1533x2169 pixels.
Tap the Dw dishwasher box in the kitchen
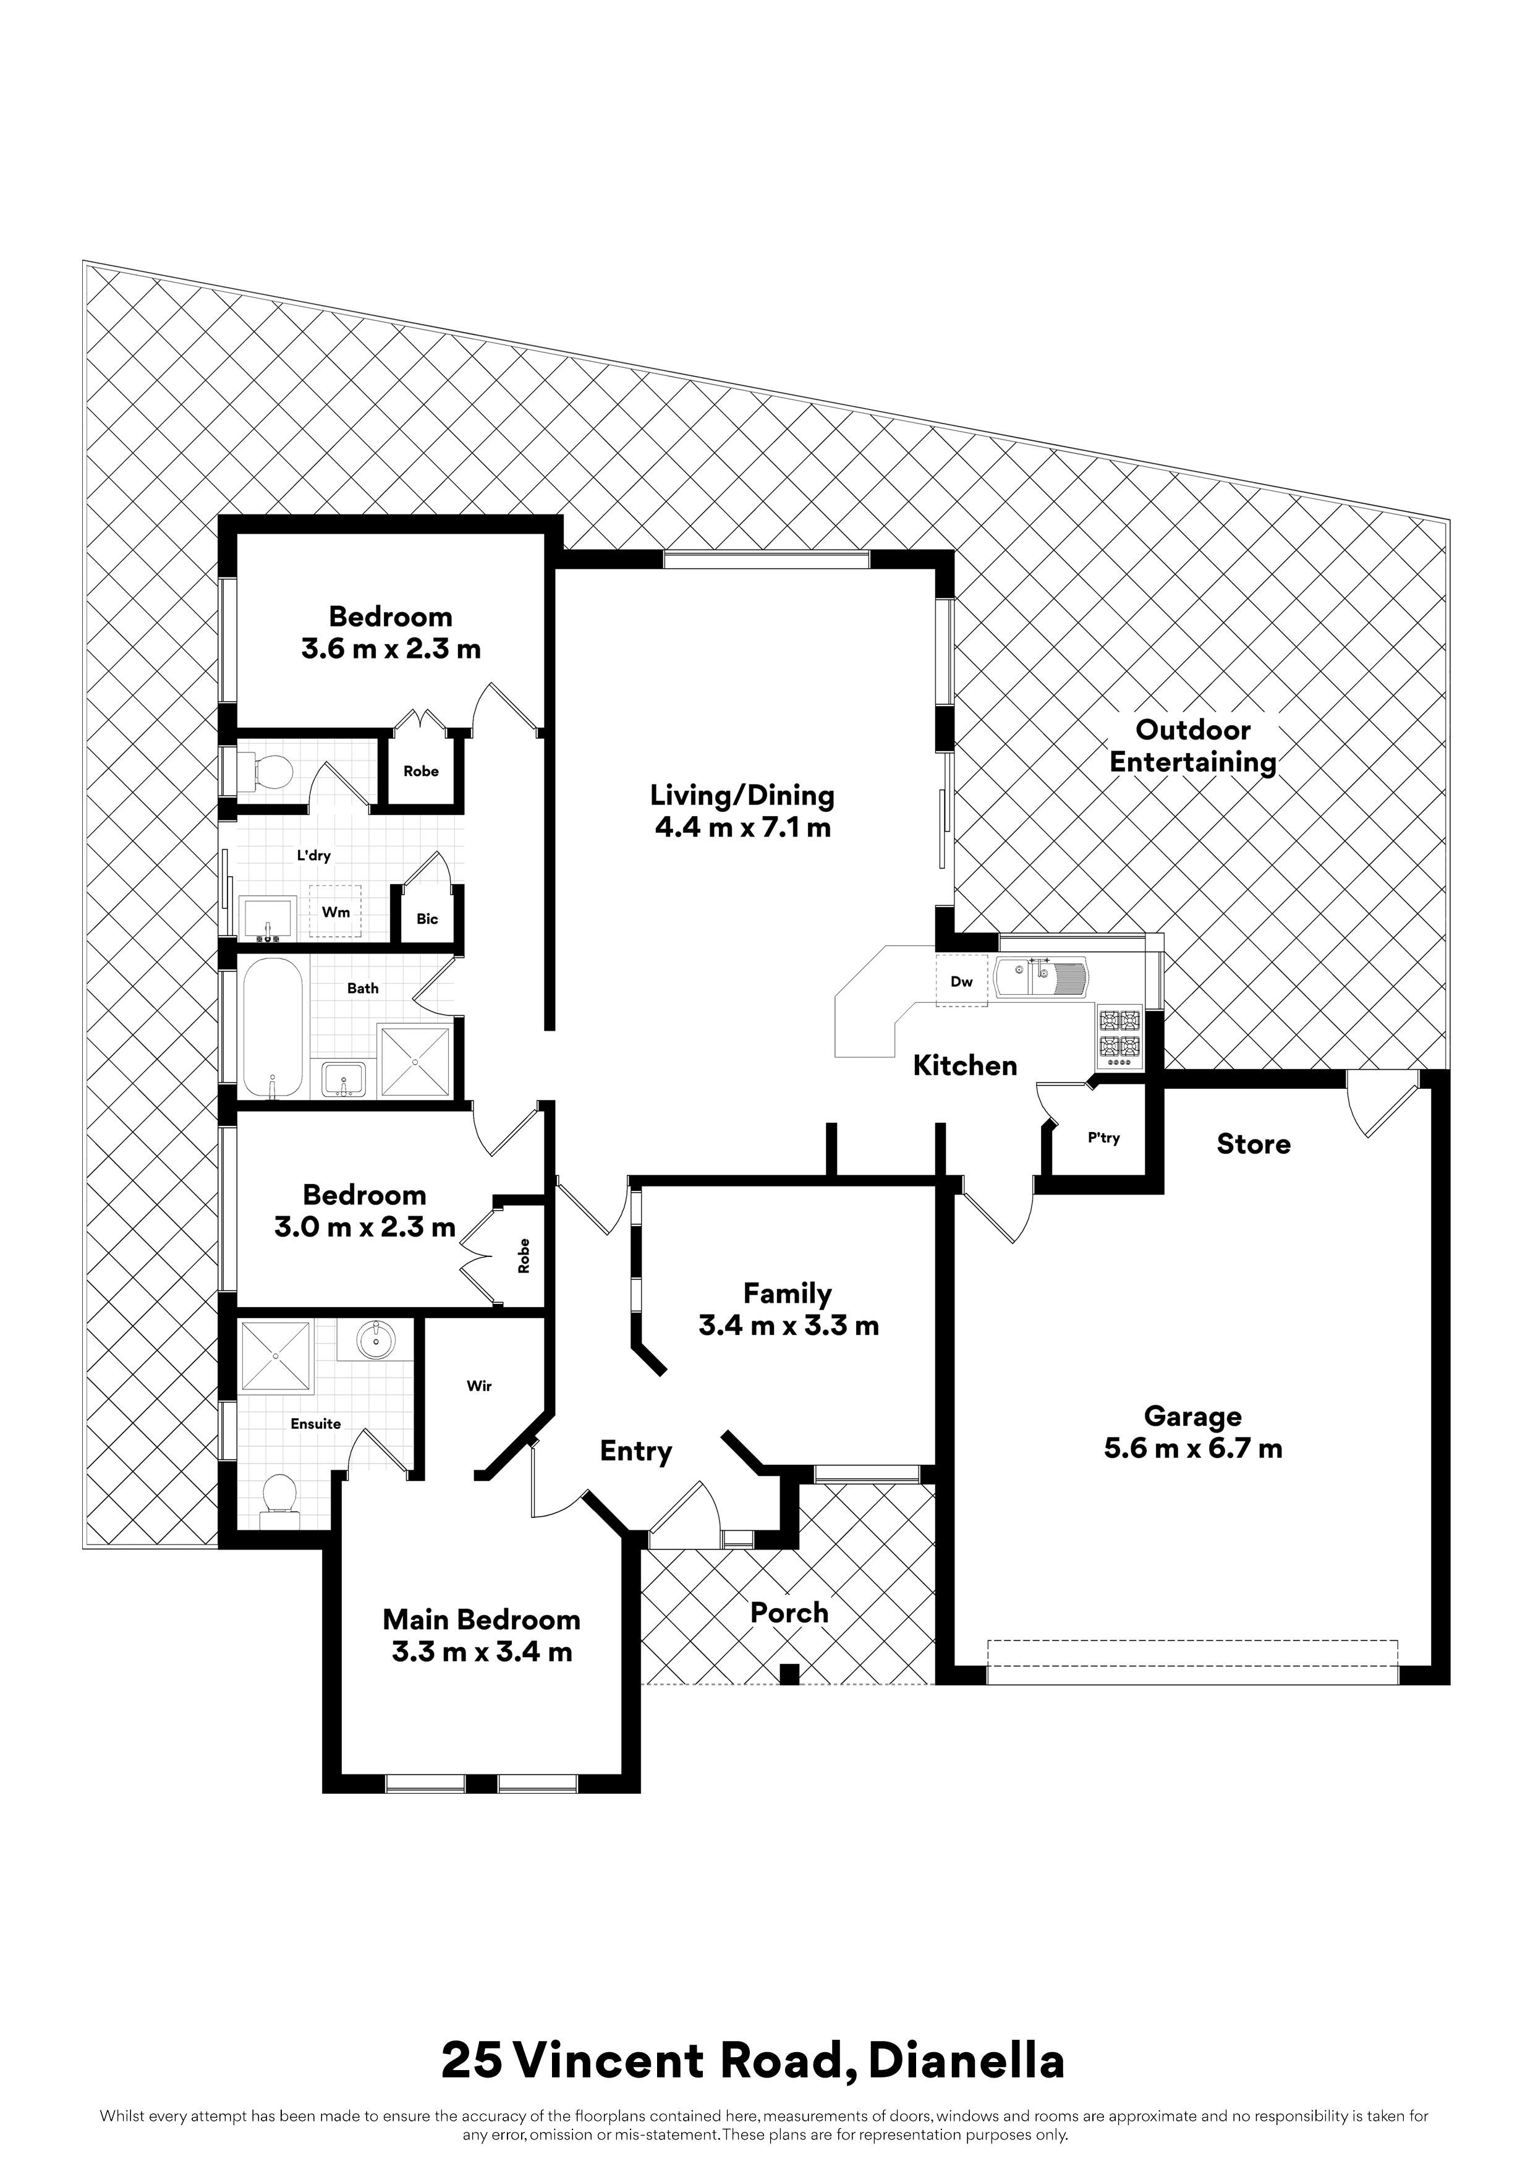962,981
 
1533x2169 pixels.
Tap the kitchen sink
1042,977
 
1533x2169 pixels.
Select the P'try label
1103,1138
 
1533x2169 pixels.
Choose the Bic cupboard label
427,918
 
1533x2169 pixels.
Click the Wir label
479,1386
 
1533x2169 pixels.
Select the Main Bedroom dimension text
482,1652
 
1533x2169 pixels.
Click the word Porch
789,1613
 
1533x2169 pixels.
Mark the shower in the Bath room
415,1062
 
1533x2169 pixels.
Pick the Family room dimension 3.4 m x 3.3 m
789,1326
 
